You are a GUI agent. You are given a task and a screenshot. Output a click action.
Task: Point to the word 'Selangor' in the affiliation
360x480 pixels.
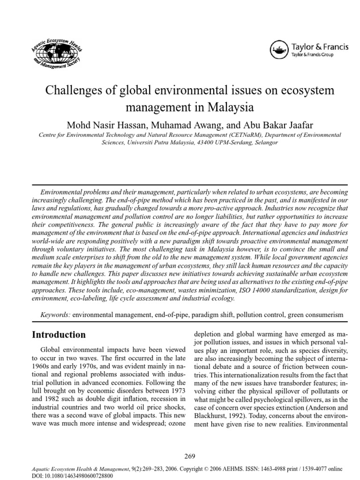click(265, 142)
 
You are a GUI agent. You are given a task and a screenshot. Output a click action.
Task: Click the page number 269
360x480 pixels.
click(189, 456)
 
